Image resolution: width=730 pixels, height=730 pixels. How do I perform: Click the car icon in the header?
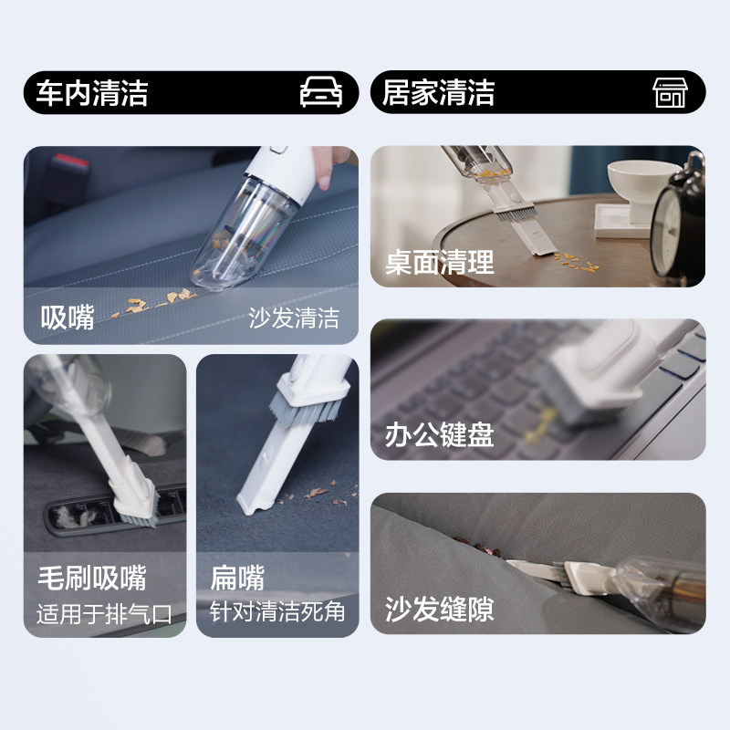tap(320, 93)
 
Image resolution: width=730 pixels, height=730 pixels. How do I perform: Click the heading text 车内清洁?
tap(92, 93)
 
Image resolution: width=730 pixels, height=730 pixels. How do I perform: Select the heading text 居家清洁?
tap(438, 93)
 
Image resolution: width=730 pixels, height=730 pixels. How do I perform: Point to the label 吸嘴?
tap(68, 318)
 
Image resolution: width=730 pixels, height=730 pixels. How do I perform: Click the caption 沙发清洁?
tap(294, 318)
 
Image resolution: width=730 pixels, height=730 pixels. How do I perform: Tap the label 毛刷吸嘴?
tap(91, 578)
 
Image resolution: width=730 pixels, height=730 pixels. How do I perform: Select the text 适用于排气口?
tap(104, 612)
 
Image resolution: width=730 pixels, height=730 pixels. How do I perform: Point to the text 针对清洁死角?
tap(277, 611)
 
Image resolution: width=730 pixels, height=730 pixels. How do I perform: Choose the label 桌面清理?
tap(440, 263)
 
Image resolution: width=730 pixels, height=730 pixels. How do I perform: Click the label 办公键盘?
tap(440, 434)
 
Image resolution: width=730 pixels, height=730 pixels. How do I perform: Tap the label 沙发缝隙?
tap(440, 609)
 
